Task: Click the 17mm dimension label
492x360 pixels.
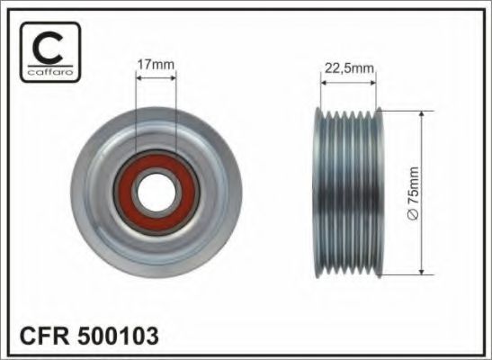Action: [156, 64]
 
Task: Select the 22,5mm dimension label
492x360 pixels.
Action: [348, 66]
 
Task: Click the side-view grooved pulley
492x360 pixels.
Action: [348, 193]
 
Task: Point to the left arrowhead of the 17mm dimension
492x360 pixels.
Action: [139, 78]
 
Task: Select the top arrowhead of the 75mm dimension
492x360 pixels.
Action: [422, 115]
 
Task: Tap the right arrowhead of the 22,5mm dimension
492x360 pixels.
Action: [373, 81]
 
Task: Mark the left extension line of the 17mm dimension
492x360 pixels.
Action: [135, 117]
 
